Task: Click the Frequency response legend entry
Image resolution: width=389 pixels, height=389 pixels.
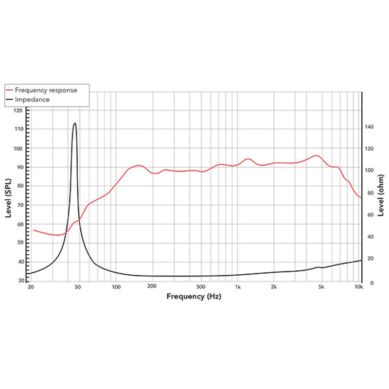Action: [x=46, y=90]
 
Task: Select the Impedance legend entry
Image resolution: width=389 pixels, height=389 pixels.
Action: [x=32, y=99]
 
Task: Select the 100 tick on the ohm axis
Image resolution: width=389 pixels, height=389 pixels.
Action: [x=371, y=171]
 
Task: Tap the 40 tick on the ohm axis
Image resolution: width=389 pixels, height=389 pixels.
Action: [x=369, y=237]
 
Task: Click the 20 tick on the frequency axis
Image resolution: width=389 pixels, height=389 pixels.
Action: [x=31, y=287]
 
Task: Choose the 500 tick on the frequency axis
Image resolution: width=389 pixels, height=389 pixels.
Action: [x=201, y=287]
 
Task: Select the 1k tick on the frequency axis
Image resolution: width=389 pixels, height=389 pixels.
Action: [x=238, y=287]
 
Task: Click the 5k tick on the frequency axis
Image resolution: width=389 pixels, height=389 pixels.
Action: [x=321, y=287]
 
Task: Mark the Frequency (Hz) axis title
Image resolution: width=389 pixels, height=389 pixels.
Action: [x=194, y=296]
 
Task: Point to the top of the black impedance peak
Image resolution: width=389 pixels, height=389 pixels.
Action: [x=74, y=123]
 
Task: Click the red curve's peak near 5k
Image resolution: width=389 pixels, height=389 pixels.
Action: [x=317, y=156]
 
